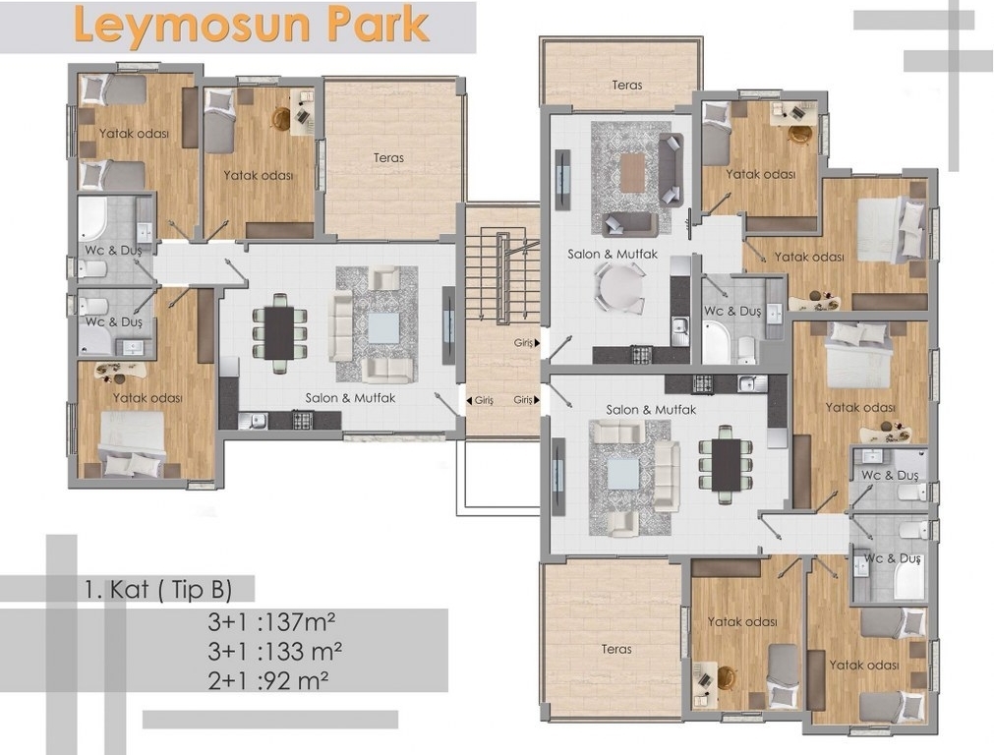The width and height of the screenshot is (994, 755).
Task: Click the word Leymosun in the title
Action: (192, 27)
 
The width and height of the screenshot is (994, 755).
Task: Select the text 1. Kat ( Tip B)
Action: (158, 590)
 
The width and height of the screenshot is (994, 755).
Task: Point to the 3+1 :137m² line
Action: (271, 622)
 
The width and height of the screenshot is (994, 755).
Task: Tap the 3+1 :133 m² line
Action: (275, 651)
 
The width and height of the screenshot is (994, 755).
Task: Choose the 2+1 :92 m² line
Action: (268, 681)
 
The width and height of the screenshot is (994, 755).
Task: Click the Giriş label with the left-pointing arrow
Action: (480, 401)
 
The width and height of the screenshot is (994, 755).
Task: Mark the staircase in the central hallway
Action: (502, 277)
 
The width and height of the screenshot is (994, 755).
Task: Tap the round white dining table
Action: (618, 287)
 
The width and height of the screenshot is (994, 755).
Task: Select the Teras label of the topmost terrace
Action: (627, 85)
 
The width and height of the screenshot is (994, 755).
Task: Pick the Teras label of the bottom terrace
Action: (616, 649)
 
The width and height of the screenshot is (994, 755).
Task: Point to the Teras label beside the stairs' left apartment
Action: (388, 158)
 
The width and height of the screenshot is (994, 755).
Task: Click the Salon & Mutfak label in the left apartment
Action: (350, 398)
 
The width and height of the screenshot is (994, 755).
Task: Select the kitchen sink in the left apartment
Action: (253, 421)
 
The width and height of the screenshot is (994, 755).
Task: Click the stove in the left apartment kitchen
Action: (303, 421)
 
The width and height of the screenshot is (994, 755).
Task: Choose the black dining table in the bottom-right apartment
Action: (726, 465)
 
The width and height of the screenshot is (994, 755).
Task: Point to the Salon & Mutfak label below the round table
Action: (613, 255)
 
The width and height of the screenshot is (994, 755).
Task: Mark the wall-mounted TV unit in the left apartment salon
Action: (448, 325)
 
